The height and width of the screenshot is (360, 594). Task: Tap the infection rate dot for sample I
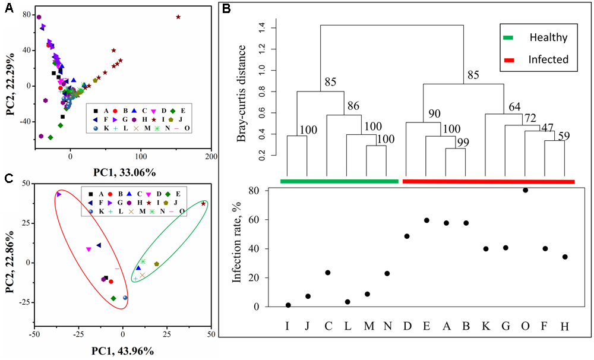click(288, 305)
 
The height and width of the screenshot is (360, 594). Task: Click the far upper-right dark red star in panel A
click(178, 17)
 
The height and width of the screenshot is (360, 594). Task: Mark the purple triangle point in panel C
click(59, 194)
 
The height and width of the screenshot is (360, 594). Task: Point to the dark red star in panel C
click(204, 204)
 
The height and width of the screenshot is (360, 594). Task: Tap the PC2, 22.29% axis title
click(10, 81)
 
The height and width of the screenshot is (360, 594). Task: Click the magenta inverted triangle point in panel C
click(89, 250)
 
